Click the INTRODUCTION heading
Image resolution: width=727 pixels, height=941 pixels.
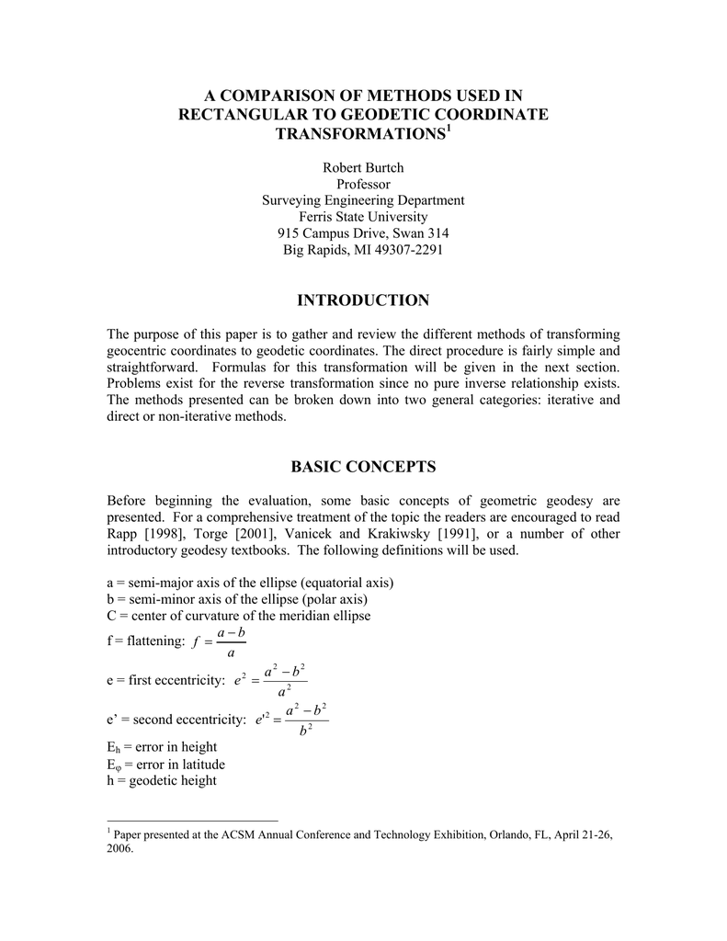(363, 300)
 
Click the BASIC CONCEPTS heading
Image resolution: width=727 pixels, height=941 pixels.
(363, 467)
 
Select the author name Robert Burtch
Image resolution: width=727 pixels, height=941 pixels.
(363, 167)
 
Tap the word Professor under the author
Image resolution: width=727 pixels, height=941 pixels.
(363, 184)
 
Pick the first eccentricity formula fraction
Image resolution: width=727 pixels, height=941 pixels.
(285, 679)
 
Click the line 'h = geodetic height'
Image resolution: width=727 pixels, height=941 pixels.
(162, 780)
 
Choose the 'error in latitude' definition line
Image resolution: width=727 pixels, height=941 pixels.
(166, 764)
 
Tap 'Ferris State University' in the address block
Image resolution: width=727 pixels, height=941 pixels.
(363, 217)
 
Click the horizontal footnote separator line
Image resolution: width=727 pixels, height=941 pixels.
(192, 820)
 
